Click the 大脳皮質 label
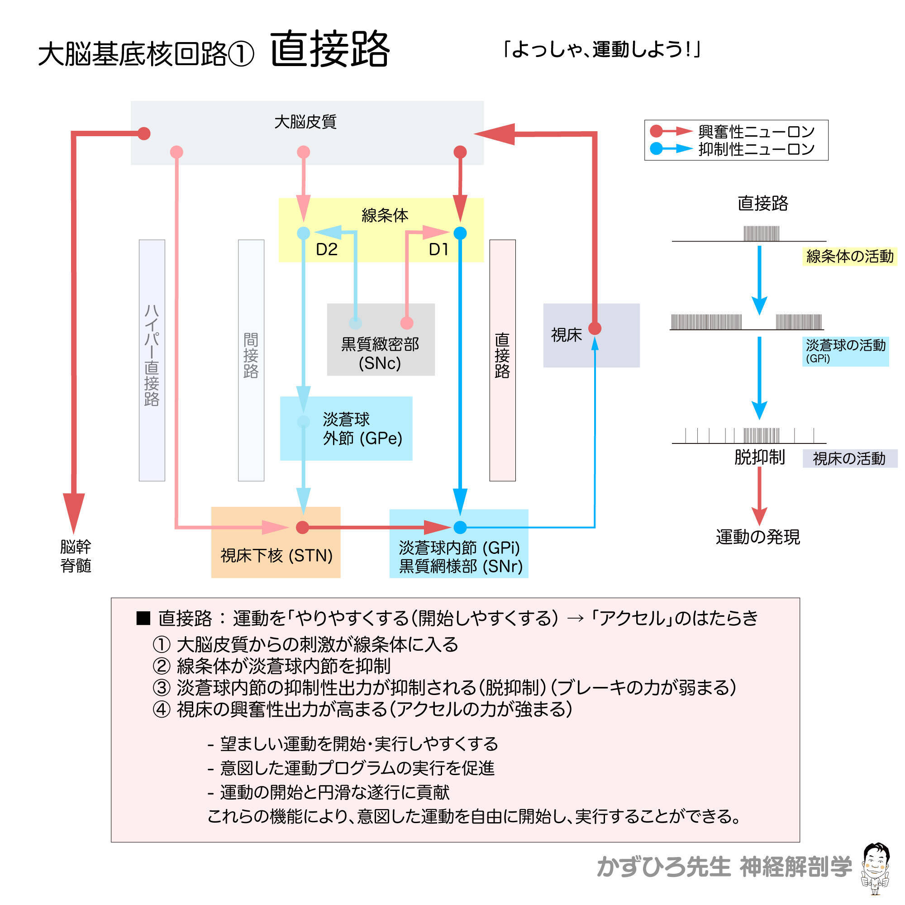[x=305, y=122]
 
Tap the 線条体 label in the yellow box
[x=385, y=215]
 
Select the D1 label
[x=438, y=250]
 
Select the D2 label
[x=327, y=250]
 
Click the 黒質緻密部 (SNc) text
[x=380, y=354]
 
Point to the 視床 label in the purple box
[x=567, y=335]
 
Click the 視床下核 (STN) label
[x=276, y=556]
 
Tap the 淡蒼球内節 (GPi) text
[x=459, y=547]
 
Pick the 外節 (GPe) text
[x=362, y=438]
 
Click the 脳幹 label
[x=76, y=546]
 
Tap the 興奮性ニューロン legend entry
[x=756, y=132]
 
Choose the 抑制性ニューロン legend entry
[x=756, y=149]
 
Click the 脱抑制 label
[x=759, y=457]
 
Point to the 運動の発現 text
[x=757, y=537]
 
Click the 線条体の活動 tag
[x=849, y=257]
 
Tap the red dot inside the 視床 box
[x=595, y=329]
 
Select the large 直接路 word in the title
[x=330, y=49]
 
